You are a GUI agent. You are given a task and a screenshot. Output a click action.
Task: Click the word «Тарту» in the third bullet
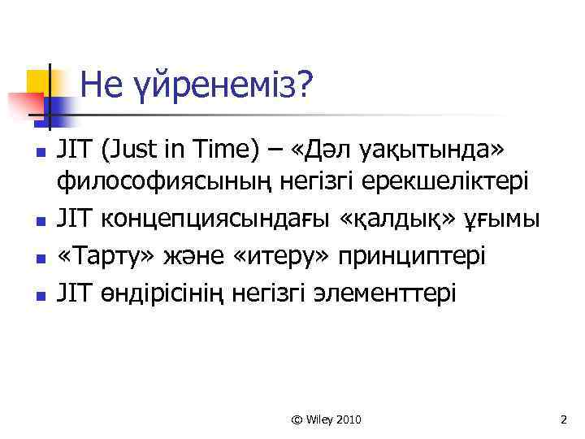point(97,257)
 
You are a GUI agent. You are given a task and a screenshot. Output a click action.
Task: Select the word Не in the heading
point(101,84)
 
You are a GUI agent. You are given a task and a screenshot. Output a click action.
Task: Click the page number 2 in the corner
point(563,419)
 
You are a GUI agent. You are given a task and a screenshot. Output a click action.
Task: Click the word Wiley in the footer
point(319,419)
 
